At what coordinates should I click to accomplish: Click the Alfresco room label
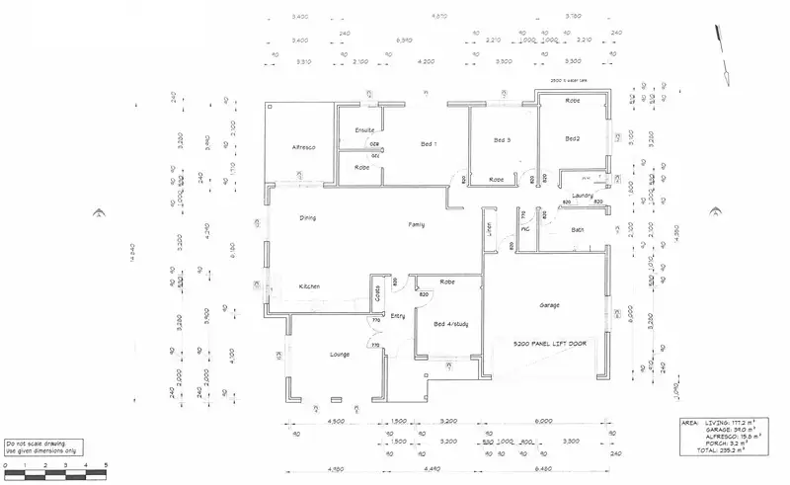point(302,147)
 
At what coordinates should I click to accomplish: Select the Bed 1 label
point(428,145)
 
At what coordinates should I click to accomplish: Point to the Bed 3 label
point(503,140)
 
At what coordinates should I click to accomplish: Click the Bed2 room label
point(572,139)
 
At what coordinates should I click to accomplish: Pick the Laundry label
point(581,195)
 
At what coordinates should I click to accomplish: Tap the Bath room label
point(578,230)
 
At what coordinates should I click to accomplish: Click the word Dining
point(308,217)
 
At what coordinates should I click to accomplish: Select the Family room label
point(417,226)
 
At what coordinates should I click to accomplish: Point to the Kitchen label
point(309,286)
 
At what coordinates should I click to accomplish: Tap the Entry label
point(398,316)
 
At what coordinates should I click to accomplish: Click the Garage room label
point(550,305)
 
